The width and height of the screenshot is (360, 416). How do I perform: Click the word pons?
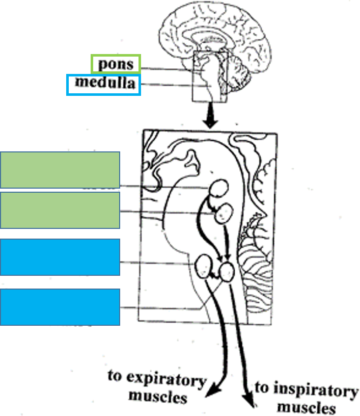pos(115,64)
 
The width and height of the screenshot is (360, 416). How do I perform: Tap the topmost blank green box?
pos(60,170)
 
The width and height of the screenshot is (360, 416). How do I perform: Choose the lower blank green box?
pos(60,210)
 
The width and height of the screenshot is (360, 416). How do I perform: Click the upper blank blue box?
pos(60,257)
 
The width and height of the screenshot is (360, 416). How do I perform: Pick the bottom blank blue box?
pos(60,307)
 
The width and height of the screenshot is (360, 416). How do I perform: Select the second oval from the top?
pos(224,213)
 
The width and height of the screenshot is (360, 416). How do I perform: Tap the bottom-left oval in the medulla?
pos(205,266)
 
